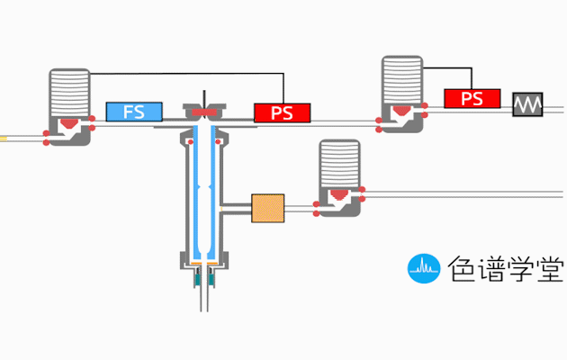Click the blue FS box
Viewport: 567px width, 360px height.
tap(134, 112)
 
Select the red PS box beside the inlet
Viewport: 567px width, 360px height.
tap(283, 113)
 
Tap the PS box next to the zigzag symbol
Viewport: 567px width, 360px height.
tap(472, 98)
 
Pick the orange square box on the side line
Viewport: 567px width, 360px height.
tap(267, 208)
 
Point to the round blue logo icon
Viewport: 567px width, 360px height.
tap(422, 267)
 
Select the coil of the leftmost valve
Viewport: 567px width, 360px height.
tap(69, 91)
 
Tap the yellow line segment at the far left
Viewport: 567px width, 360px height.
tap(4, 139)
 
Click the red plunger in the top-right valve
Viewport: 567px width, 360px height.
tap(401, 112)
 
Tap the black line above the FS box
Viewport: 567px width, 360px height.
tap(180, 73)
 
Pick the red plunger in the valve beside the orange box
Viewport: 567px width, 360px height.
tap(339, 194)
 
